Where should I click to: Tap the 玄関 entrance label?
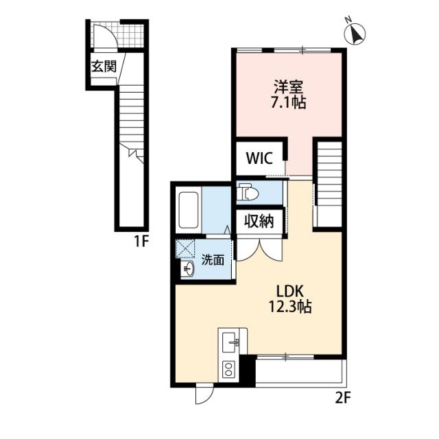[x=104, y=67]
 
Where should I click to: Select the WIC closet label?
[x=259, y=158]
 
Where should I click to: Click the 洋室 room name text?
[x=288, y=87]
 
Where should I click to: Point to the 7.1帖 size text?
[x=288, y=102]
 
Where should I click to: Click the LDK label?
[x=290, y=292]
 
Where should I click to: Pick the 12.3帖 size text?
[x=290, y=307]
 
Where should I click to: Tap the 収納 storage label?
[x=259, y=222]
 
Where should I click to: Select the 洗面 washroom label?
[x=213, y=260]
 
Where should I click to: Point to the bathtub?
[x=189, y=210]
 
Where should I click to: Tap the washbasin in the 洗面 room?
[x=187, y=270]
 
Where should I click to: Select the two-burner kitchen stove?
[x=229, y=369]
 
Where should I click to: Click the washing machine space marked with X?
[x=185, y=248]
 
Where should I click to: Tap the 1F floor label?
[x=141, y=241]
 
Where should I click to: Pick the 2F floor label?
[x=343, y=398]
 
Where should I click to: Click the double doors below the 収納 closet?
[x=259, y=250]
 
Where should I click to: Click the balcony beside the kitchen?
[x=301, y=371]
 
